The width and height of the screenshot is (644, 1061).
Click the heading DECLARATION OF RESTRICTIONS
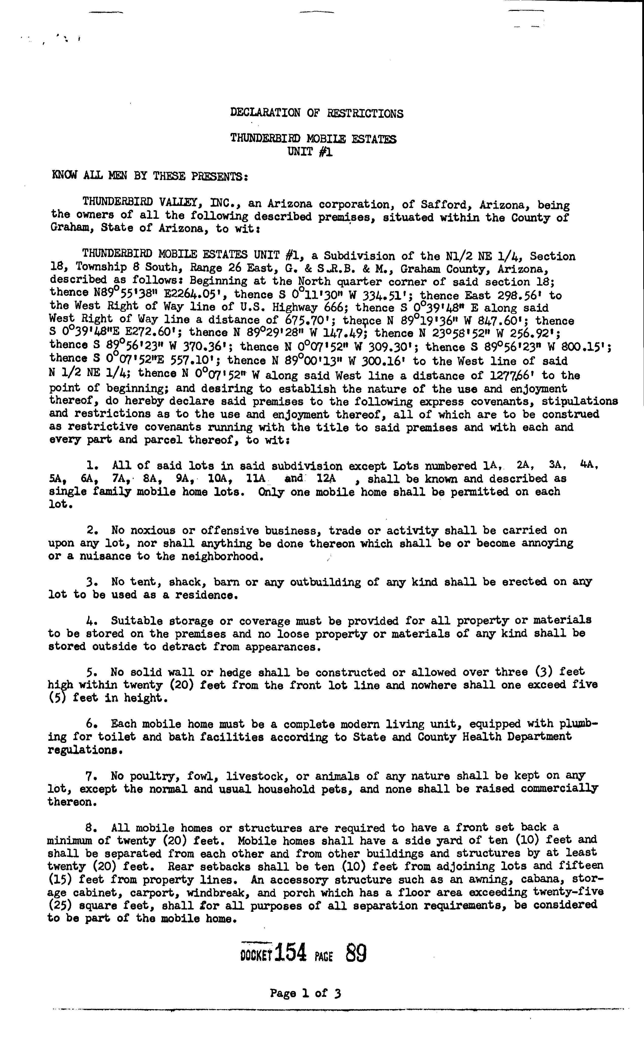pyautogui.click(x=317, y=113)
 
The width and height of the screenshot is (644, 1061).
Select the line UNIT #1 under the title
pyautogui.click(x=310, y=152)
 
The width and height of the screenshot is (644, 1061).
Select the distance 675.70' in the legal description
pyautogui.click(x=308, y=320)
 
